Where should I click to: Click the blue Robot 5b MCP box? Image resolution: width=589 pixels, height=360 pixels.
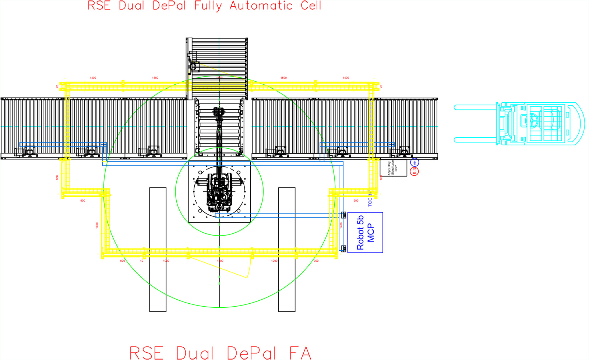click(x=365, y=232)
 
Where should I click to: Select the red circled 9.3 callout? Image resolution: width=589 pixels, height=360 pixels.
click(x=415, y=171)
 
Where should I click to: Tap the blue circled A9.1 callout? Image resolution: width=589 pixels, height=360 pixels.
click(x=415, y=162)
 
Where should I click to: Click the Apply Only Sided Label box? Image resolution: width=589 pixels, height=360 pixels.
click(x=393, y=168)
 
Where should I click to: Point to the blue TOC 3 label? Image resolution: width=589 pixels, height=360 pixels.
click(x=370, y=200)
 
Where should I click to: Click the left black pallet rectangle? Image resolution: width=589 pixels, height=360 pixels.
click(x=158, y=249)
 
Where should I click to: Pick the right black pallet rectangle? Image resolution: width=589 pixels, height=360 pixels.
click(x=287, y=249)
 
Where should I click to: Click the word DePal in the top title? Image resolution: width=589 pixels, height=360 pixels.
click(x=169, y=6)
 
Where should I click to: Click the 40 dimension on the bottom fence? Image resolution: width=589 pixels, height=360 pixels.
click(x=142, y=261)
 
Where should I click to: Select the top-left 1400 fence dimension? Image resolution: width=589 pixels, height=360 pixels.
click(x=93, y=78)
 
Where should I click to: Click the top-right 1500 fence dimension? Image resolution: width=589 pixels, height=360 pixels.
click(x=283, y=78)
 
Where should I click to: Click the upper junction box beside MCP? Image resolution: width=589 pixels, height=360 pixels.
click(x=343, y=215)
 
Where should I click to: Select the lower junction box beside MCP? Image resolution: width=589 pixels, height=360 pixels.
click(x=343, y=249)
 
